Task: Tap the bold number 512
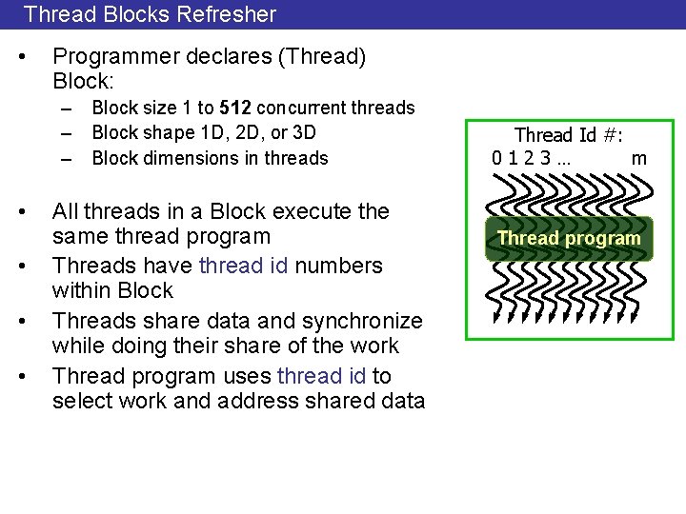pos(234,108)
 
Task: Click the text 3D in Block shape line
pos(302,132)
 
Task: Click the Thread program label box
pos(569,238)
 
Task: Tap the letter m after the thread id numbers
pos(639,157)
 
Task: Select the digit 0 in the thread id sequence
pos(498,157)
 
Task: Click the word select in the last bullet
pos(80,401)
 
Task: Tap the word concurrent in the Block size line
pos(302,108)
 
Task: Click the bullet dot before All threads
pos(34,210)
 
